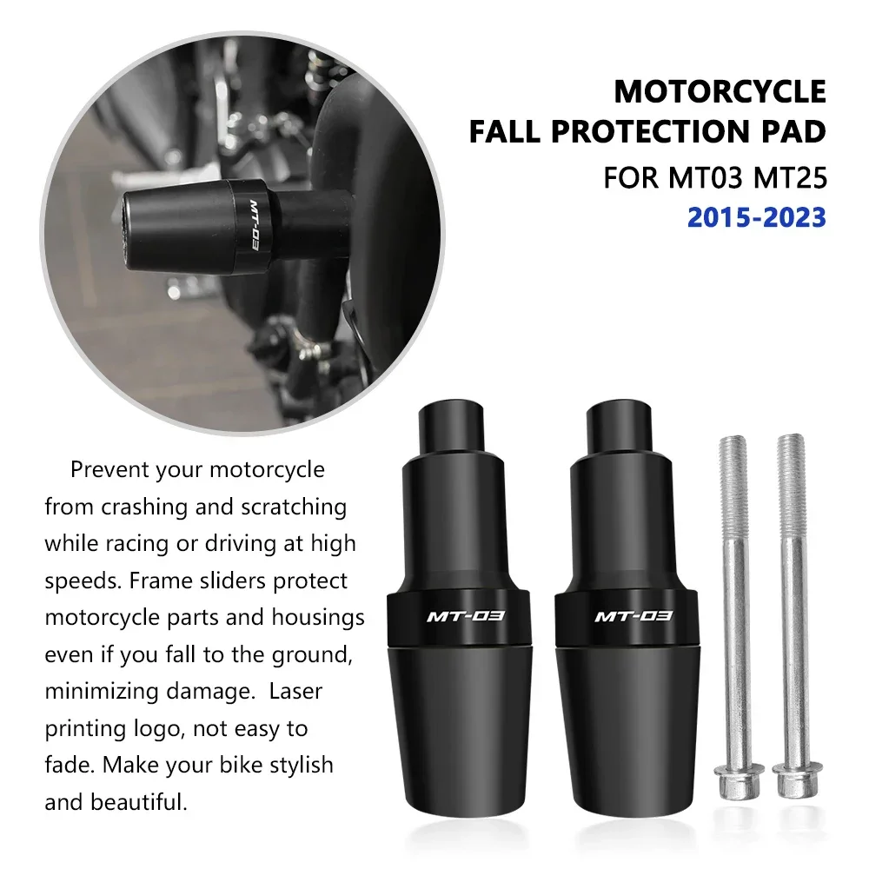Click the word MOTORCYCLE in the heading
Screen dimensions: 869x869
coord(720,91)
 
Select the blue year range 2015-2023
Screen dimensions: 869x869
coord(756,217)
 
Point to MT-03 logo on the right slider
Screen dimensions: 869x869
coord(633,617)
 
